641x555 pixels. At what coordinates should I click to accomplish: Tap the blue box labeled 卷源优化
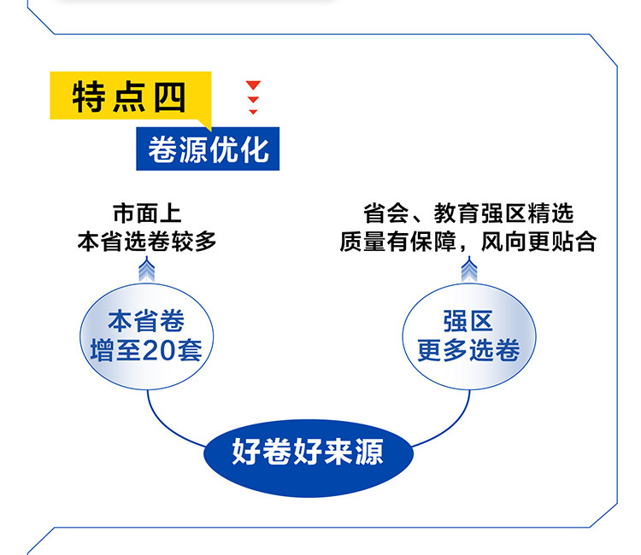209,149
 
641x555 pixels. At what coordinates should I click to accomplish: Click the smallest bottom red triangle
253,112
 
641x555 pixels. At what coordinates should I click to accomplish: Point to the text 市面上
147,213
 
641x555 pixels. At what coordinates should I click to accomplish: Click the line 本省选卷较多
147,242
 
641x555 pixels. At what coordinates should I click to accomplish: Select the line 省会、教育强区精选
468,213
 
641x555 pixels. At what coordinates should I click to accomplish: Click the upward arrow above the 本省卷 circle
147,271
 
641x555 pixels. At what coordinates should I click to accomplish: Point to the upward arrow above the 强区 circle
468,271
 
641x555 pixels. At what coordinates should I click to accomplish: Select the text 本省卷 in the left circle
146,322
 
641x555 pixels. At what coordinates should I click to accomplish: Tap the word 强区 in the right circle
468,322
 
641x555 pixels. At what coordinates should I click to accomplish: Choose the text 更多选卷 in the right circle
468,350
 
